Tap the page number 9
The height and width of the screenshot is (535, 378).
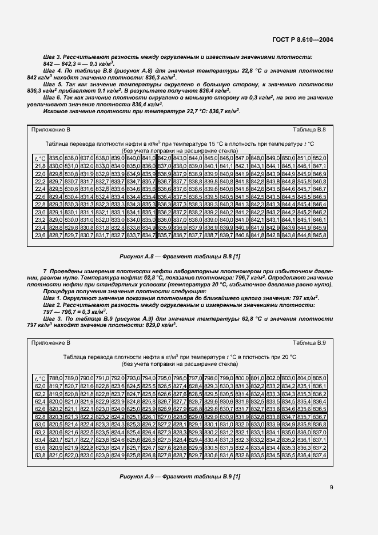332,488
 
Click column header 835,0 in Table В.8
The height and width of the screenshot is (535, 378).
55,158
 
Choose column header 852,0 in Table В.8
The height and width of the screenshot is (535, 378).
319,158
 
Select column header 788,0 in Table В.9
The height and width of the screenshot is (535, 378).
55,378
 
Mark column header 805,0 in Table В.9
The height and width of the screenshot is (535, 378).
319,378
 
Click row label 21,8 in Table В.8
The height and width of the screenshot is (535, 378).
40,166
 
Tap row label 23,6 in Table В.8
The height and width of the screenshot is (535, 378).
40,235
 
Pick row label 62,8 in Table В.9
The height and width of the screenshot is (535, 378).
40,417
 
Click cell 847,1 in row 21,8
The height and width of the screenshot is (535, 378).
319,166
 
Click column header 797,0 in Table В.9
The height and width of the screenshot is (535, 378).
194,378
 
